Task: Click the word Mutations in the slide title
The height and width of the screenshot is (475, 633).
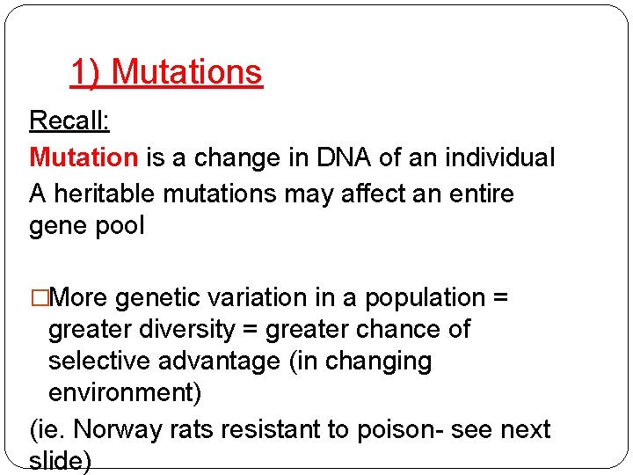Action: tap(187, 72)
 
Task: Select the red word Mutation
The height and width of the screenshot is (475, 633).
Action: tap(84, 157)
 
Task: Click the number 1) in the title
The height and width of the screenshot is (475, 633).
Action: tap(85, 72)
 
